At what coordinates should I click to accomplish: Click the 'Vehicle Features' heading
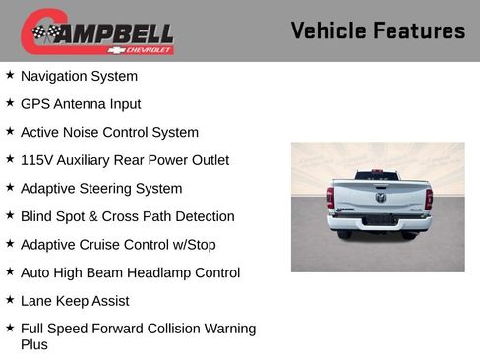click(378, 30)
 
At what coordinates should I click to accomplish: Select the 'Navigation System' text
click(79, 76)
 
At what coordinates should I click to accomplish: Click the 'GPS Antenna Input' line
click(81, 103)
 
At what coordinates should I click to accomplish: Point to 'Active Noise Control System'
click(109, 132)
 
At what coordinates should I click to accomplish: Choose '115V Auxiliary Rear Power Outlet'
click(124, 160)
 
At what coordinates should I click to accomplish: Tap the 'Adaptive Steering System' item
click(101, 188)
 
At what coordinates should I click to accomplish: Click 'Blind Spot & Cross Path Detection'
click(127, 216)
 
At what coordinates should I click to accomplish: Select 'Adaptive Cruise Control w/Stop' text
click(117, 245)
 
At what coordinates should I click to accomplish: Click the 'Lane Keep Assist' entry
click(75, 301)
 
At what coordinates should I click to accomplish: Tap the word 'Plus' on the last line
click(34, 344)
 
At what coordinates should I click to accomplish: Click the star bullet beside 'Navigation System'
click(10, 75)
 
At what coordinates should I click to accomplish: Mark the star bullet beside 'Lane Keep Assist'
click(10, 300)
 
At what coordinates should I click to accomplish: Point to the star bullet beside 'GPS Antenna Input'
click(10, 102)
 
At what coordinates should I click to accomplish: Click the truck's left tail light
click(330, 198)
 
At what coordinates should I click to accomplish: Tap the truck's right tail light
click(429, 198)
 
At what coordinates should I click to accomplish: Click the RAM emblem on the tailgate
click(380, 196)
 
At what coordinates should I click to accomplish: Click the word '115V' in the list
click(36, 160)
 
